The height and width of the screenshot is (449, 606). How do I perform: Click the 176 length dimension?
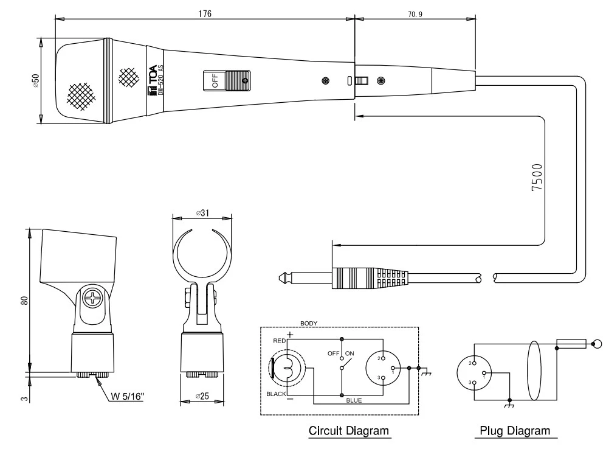coord(205,13)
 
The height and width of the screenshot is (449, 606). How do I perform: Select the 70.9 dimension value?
coord(415,13)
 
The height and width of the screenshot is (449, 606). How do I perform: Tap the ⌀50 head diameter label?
coord(35,81)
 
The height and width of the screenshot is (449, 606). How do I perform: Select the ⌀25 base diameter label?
coord(202,397)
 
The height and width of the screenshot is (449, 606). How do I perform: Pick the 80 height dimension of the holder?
coord(24,300)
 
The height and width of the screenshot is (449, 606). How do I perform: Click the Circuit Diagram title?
coord(348,431)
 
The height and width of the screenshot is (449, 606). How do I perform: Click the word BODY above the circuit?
coord(309,323)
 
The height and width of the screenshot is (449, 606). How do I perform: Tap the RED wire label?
coord(279,341)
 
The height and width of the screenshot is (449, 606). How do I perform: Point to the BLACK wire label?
coord(276,394)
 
